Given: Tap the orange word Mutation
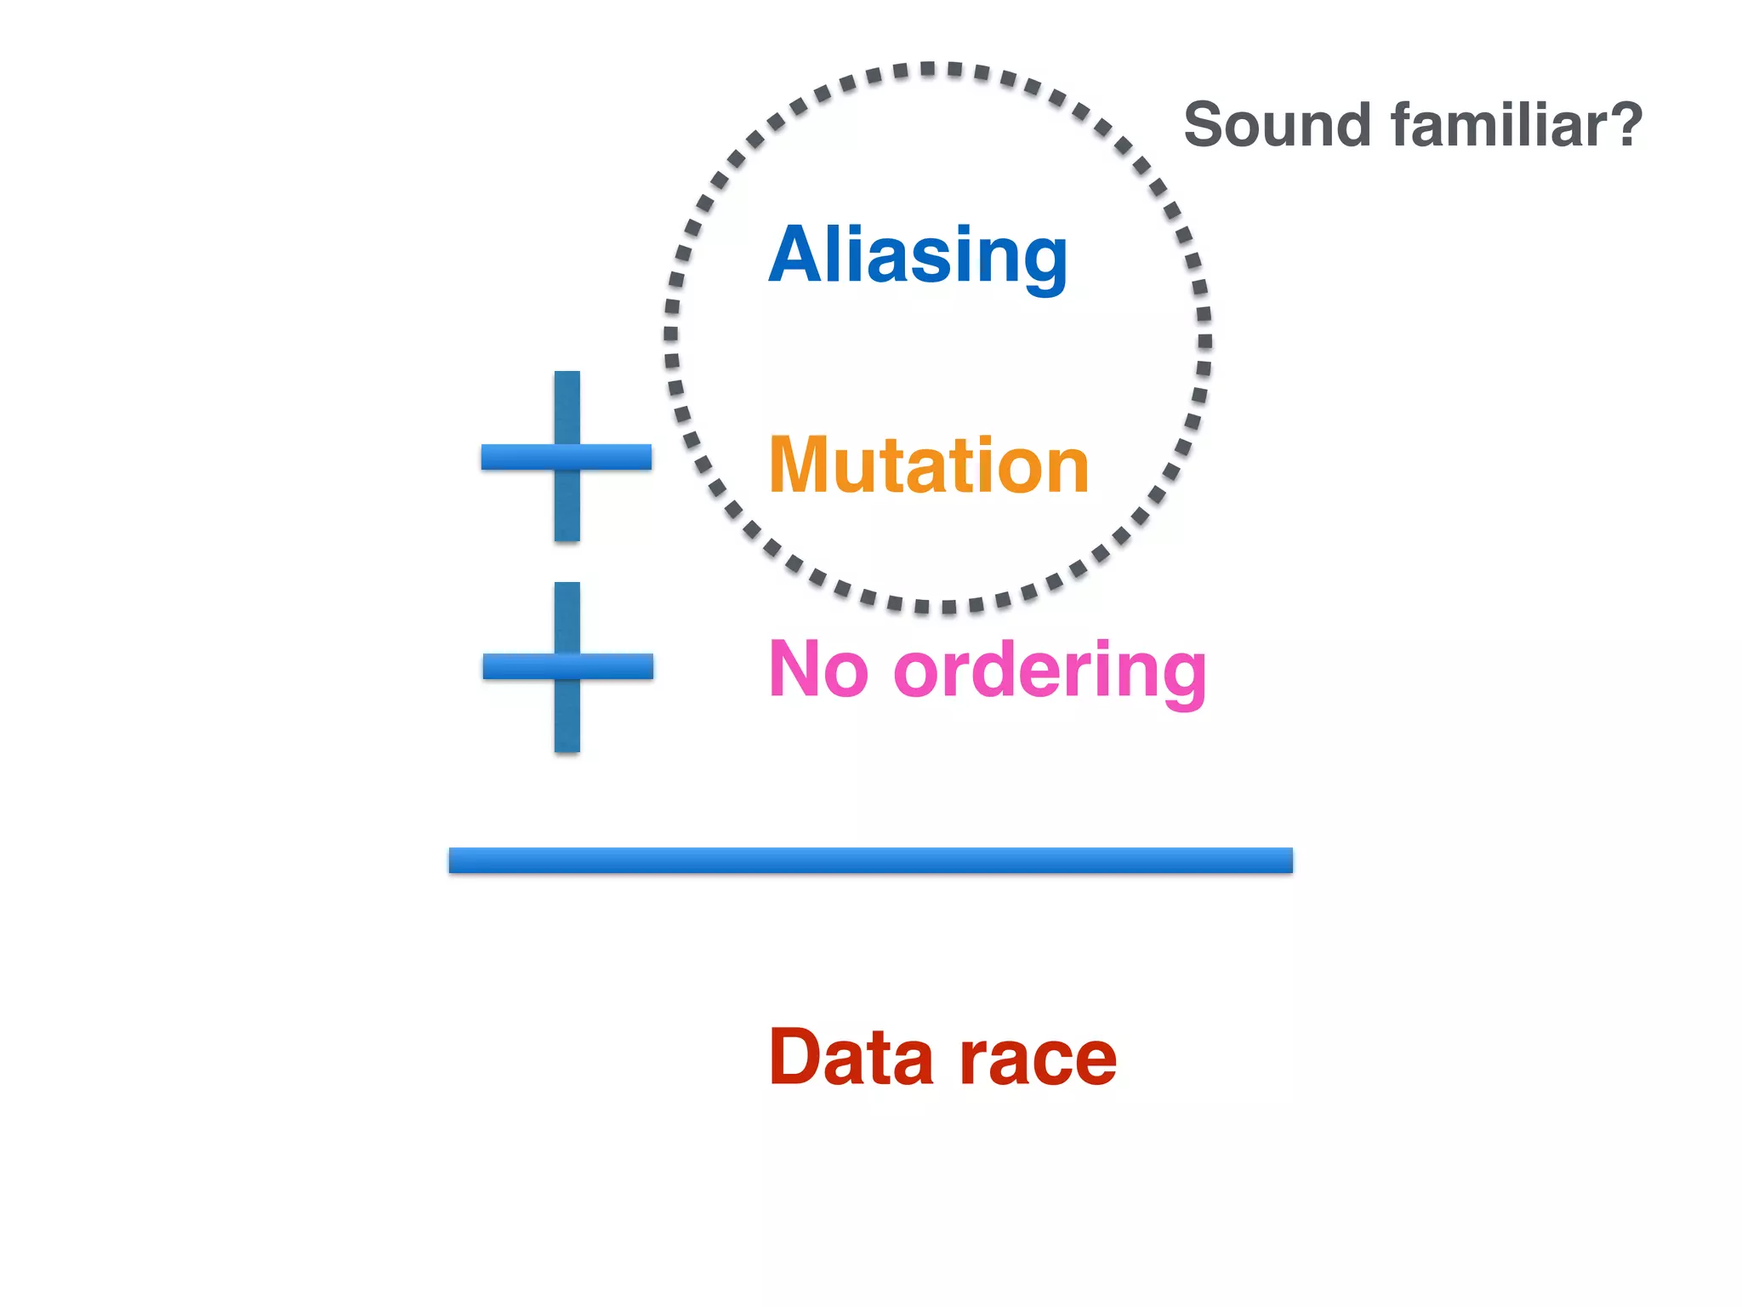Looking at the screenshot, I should (928, 465).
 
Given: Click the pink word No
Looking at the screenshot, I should (818, 670).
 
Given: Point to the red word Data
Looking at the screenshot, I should (851, 1058).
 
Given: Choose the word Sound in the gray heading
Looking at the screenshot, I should (1277, 125).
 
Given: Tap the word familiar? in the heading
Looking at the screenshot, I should (1517, 125).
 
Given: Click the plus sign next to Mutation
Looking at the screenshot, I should (566, 457).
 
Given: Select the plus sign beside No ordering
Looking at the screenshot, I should (567, 666).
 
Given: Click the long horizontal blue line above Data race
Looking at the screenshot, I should (870, 859).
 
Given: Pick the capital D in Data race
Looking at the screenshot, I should (796, 1058).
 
